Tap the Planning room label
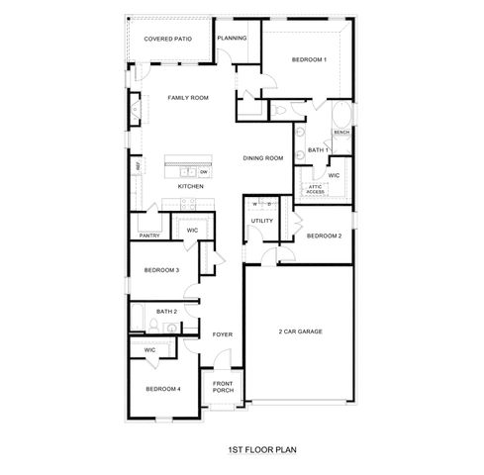tap(232, 38)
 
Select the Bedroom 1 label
tap(309, 60)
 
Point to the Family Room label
tap(187, 97)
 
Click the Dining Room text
tap(264, 157)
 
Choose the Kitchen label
tap(191, 186)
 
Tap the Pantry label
tap(150, 236)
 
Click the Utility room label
tap(261, 221)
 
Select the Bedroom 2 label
tap(324, 236)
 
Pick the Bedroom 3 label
tap(161, 270)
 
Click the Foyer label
tap(223, 334)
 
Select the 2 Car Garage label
tap(301, 331)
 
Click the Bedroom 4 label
tap(163, 389)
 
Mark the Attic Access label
tap(315, 189)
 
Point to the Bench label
tap(341, 132)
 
